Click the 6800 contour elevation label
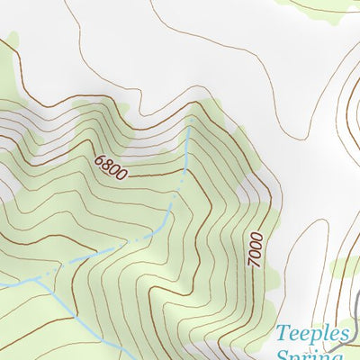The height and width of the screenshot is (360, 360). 110,165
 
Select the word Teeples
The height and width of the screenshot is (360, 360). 311,335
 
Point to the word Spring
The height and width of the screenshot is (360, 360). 311,355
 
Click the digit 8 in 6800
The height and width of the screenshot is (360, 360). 106,163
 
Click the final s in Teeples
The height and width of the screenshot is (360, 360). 342,336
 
